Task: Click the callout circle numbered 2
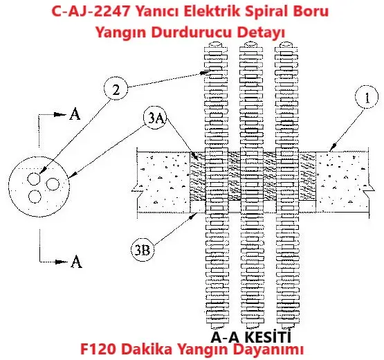point(116,89)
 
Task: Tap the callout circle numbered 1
point(367,97)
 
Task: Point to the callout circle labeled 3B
point(143,249)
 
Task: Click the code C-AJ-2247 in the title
point(91,12)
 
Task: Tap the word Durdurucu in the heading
point(191,32)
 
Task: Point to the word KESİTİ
point(268,336)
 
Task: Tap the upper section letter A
point(75,114)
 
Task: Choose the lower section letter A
point(76,261)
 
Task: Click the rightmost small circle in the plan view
point(53,184)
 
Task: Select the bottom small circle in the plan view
point(35,197)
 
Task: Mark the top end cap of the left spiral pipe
point(216,45)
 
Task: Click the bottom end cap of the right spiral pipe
point(287,325)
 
